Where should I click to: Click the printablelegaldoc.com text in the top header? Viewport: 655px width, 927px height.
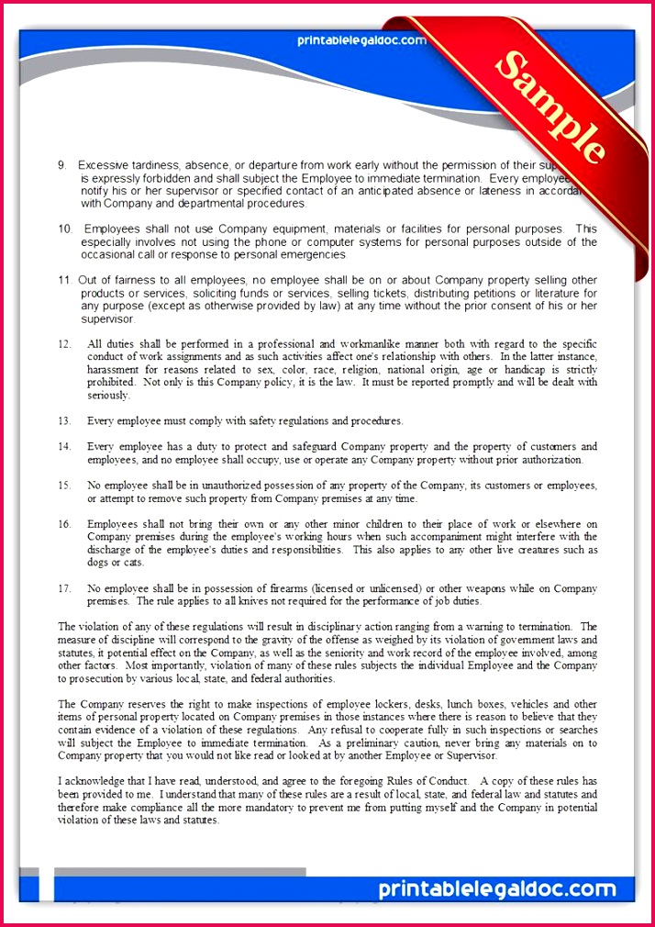[x=361, y=40]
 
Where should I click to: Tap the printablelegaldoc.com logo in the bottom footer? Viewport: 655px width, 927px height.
[x=496, y=889]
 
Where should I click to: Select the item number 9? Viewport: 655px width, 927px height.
[x=61, y=165]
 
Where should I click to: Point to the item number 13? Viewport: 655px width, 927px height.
[x=64, y=421]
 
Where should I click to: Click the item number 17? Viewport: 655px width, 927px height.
[x=64, y=588]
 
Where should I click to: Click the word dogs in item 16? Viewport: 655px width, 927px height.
[x=97, y=563]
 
